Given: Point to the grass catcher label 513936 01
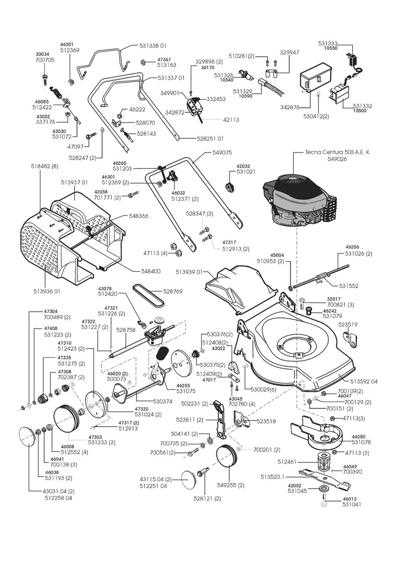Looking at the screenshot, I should pos(47,291).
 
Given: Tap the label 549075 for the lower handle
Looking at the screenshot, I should pos(222,153).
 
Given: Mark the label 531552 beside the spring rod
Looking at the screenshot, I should pos(349,286).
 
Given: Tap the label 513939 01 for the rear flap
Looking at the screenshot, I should pos(192,272).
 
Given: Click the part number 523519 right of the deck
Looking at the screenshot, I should pos(348,324).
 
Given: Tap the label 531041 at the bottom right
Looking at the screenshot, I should pos(352,504).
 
